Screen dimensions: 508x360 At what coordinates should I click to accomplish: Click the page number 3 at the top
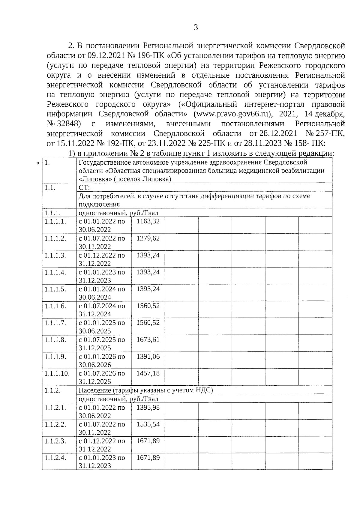196,28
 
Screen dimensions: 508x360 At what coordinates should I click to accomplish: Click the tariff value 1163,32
148,221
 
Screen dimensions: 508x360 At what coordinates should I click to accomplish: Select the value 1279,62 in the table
148,238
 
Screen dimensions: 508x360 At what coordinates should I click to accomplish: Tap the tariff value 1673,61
148,340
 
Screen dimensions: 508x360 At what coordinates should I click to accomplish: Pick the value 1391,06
148,357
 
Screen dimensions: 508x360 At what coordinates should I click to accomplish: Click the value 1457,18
148,373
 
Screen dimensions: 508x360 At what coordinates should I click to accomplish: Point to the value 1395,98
148,408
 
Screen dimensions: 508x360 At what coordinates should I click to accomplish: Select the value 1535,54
148,424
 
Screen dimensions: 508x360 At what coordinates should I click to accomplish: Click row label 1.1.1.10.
57,374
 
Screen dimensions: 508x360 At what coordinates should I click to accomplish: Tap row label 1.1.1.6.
55,306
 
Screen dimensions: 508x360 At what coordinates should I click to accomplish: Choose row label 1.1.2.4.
55,458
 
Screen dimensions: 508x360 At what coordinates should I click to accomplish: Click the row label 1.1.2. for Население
52,390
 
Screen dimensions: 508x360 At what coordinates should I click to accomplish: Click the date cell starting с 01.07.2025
102,344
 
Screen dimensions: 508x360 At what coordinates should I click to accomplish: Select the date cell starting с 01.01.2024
102,293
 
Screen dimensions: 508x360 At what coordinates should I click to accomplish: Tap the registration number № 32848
64,124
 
